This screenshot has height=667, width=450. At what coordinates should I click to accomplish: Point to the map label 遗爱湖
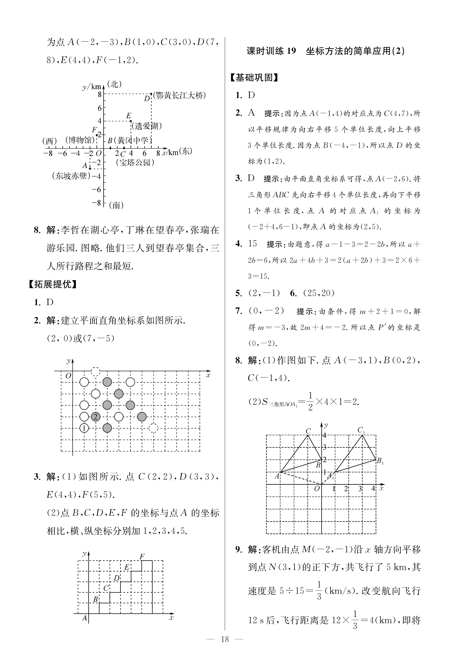(x=147, y=126)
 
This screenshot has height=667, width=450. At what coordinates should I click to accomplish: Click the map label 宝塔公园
(x=135, y=163)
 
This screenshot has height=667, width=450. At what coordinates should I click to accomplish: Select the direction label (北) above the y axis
(x=114, y=84)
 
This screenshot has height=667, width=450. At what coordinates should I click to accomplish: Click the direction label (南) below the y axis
(x=116, y=205)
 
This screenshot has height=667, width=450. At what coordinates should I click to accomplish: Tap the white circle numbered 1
(x=84, y=428)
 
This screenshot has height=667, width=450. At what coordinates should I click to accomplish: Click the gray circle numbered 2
(x=96, y=417)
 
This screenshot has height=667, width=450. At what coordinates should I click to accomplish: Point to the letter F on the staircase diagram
(x=142, y=556)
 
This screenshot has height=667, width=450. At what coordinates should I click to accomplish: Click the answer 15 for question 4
(x=252, y=244)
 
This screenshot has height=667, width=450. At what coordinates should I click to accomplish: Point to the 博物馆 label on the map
(x=79, y=140)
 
